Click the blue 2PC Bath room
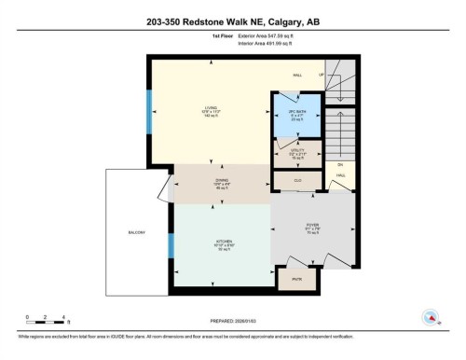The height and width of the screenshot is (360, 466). click(296, 115)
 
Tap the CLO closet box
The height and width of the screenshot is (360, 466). click(297, 179)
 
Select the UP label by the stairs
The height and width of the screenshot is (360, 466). click(321, 75)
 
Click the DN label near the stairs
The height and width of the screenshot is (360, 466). click(340, 166)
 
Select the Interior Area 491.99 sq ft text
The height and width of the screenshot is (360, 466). click(269, 44)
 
